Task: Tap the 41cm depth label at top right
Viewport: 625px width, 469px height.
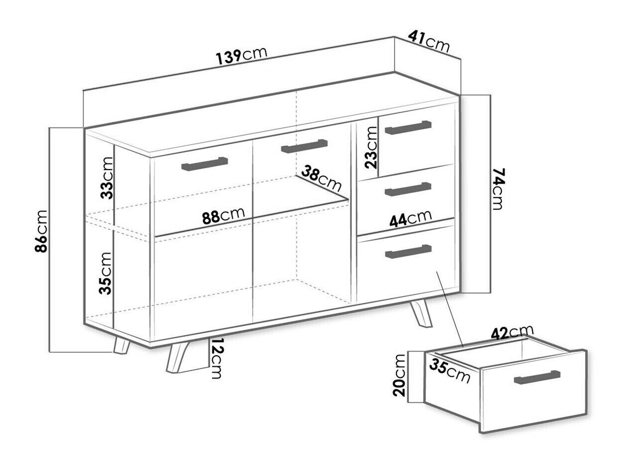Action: click(429, 41)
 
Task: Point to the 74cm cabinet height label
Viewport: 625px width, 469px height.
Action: click(499, 189)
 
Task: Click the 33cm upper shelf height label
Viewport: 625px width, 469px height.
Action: click(107, 178)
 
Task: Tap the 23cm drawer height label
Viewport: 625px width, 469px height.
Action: click(371, 147)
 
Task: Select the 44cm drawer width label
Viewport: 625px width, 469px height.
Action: click(411, 218)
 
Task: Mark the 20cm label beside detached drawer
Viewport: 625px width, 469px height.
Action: click(399, 375)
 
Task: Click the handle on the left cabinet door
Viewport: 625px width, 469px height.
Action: click(204, 164)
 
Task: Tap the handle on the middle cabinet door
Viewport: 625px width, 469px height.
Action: click(304, 146)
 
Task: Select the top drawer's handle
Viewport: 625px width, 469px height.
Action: click(408, 128)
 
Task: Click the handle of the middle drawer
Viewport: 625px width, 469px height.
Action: click(408, 189)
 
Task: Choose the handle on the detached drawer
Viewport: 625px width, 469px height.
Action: click(537, 377)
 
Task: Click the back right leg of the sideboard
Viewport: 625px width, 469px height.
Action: click(421, 313)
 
